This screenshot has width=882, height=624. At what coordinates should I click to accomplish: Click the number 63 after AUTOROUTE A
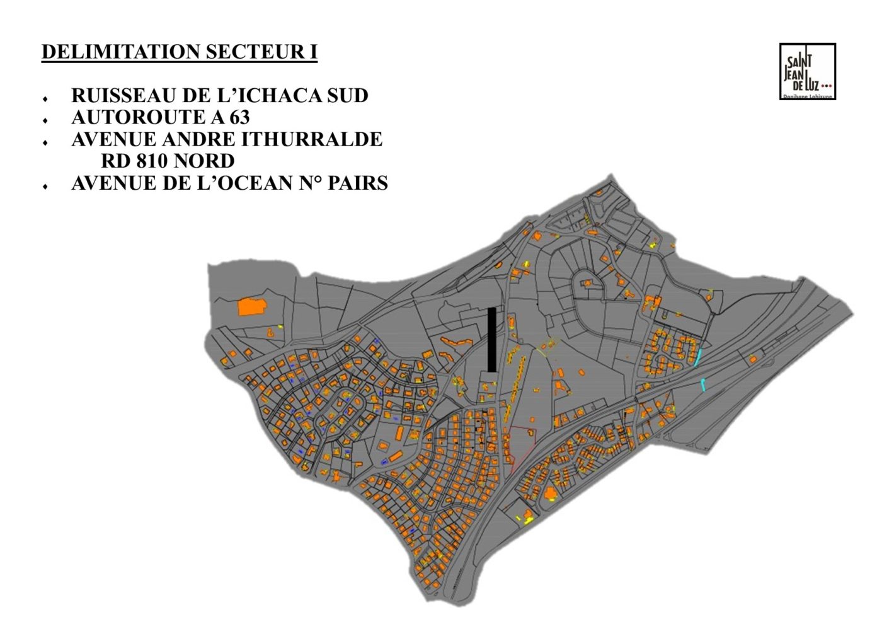[x=239, y=117]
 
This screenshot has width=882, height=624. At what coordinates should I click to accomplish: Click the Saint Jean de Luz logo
[x=807, y=71]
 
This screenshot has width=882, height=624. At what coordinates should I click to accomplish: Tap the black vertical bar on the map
[x=491, y=340]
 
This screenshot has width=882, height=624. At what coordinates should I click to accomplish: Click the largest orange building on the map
[x=251, y=307]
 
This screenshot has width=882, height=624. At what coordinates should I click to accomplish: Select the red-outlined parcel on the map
[x=521, y=444]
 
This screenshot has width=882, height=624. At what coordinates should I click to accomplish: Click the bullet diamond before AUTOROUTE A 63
[x=45, y=120]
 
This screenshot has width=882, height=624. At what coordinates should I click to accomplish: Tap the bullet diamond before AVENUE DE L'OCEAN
[x=45, y=187]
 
